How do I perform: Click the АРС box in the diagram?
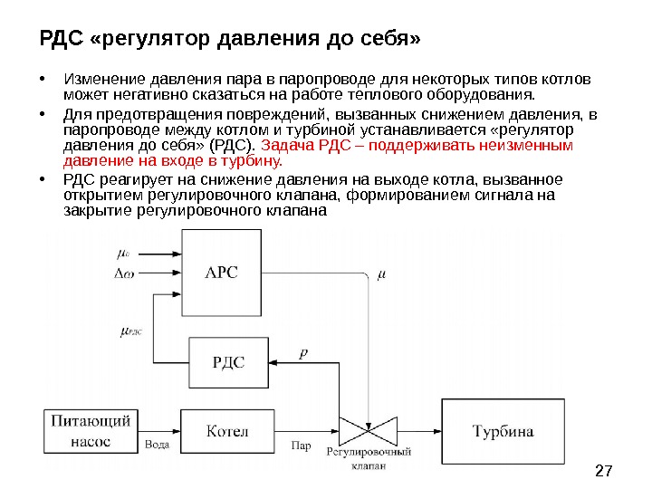tap(222, 272)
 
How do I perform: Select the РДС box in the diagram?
tap(228, 362)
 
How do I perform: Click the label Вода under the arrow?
tap(157, 445)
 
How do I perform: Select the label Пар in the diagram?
tap(301, 445)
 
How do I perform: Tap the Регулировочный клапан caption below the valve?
tap(369, 458)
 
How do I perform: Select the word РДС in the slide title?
tap(61, 40)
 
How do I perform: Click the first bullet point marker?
tap(43, 78)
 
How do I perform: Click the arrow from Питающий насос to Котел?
tap(159, 429)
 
